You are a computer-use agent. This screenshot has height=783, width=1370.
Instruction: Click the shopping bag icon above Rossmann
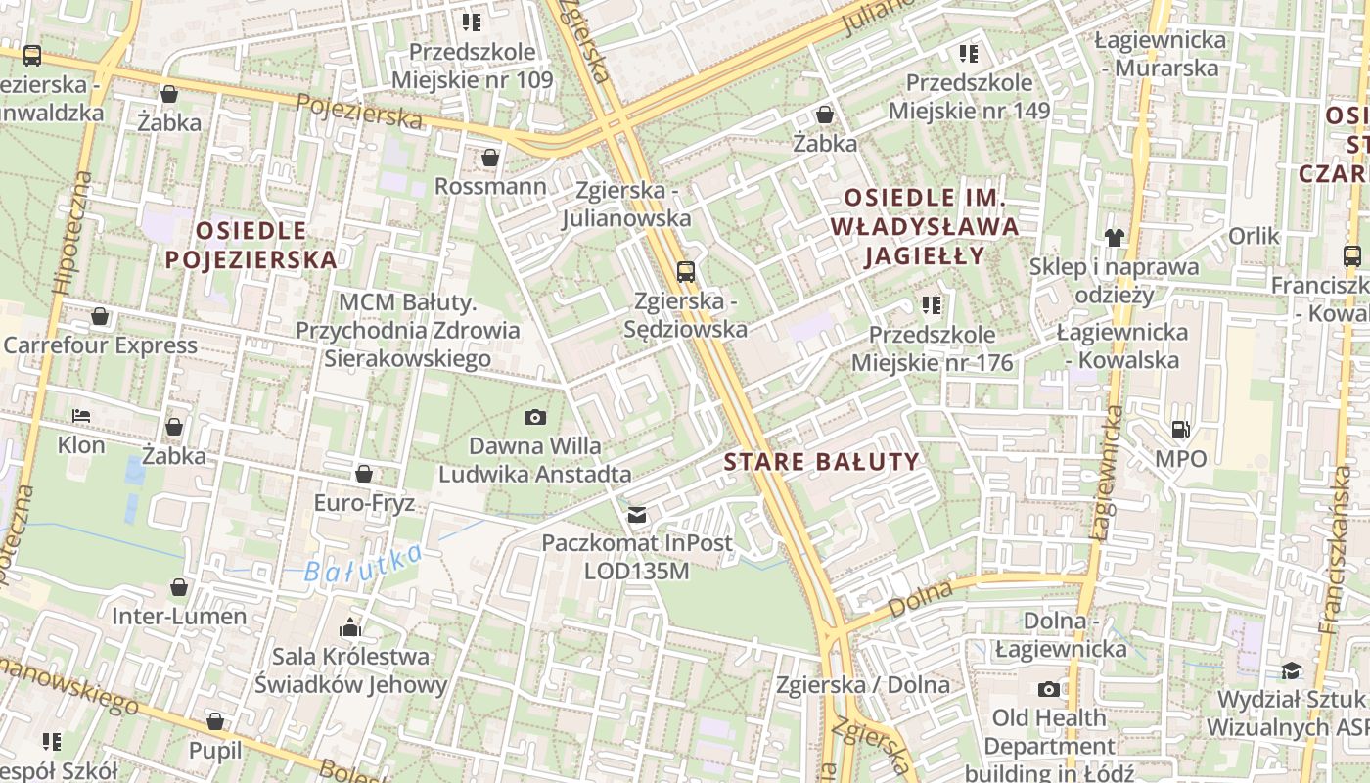click(x=490, y=158)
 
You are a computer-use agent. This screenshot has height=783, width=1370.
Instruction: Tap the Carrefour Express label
click(x=100, y=345)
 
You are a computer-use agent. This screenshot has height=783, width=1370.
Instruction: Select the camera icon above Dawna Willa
click(x=534, y=418)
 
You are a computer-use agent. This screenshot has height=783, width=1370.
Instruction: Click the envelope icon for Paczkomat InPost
click(x=637, y=514)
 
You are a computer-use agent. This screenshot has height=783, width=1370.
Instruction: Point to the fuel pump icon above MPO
click(x=1181, y=430)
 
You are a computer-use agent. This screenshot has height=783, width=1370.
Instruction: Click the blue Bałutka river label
click(x=362, y=564)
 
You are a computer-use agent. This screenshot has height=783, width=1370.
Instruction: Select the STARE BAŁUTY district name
click(x=822, y=462)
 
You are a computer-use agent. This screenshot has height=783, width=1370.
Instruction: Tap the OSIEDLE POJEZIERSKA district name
click(x=251, y=245)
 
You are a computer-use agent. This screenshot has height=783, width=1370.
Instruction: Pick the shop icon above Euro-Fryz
click(x=364, y=475)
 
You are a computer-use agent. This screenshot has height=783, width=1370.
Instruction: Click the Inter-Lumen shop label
click(x=179, y=617)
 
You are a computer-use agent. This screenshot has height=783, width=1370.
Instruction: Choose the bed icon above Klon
click(x=81, y=417)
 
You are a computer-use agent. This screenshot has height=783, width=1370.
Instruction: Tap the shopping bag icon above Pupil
click(x=215, y=722)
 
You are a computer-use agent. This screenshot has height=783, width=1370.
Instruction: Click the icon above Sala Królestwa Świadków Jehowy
click(x=350, y=627)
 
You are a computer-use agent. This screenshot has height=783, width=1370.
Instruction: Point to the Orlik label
click(x=1254, y=236)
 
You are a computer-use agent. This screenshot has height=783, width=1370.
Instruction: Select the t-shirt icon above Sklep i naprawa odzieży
click(x=1114, y=237)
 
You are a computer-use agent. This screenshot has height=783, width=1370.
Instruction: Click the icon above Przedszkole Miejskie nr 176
click(x=932, y=305)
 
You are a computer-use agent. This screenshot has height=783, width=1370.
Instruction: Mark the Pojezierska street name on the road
click(x=358, y=111)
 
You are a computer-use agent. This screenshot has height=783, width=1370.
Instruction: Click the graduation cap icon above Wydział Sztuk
click(x=1292, y=670)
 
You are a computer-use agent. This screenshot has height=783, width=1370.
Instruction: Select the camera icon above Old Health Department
click(x=1048, y=689)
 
